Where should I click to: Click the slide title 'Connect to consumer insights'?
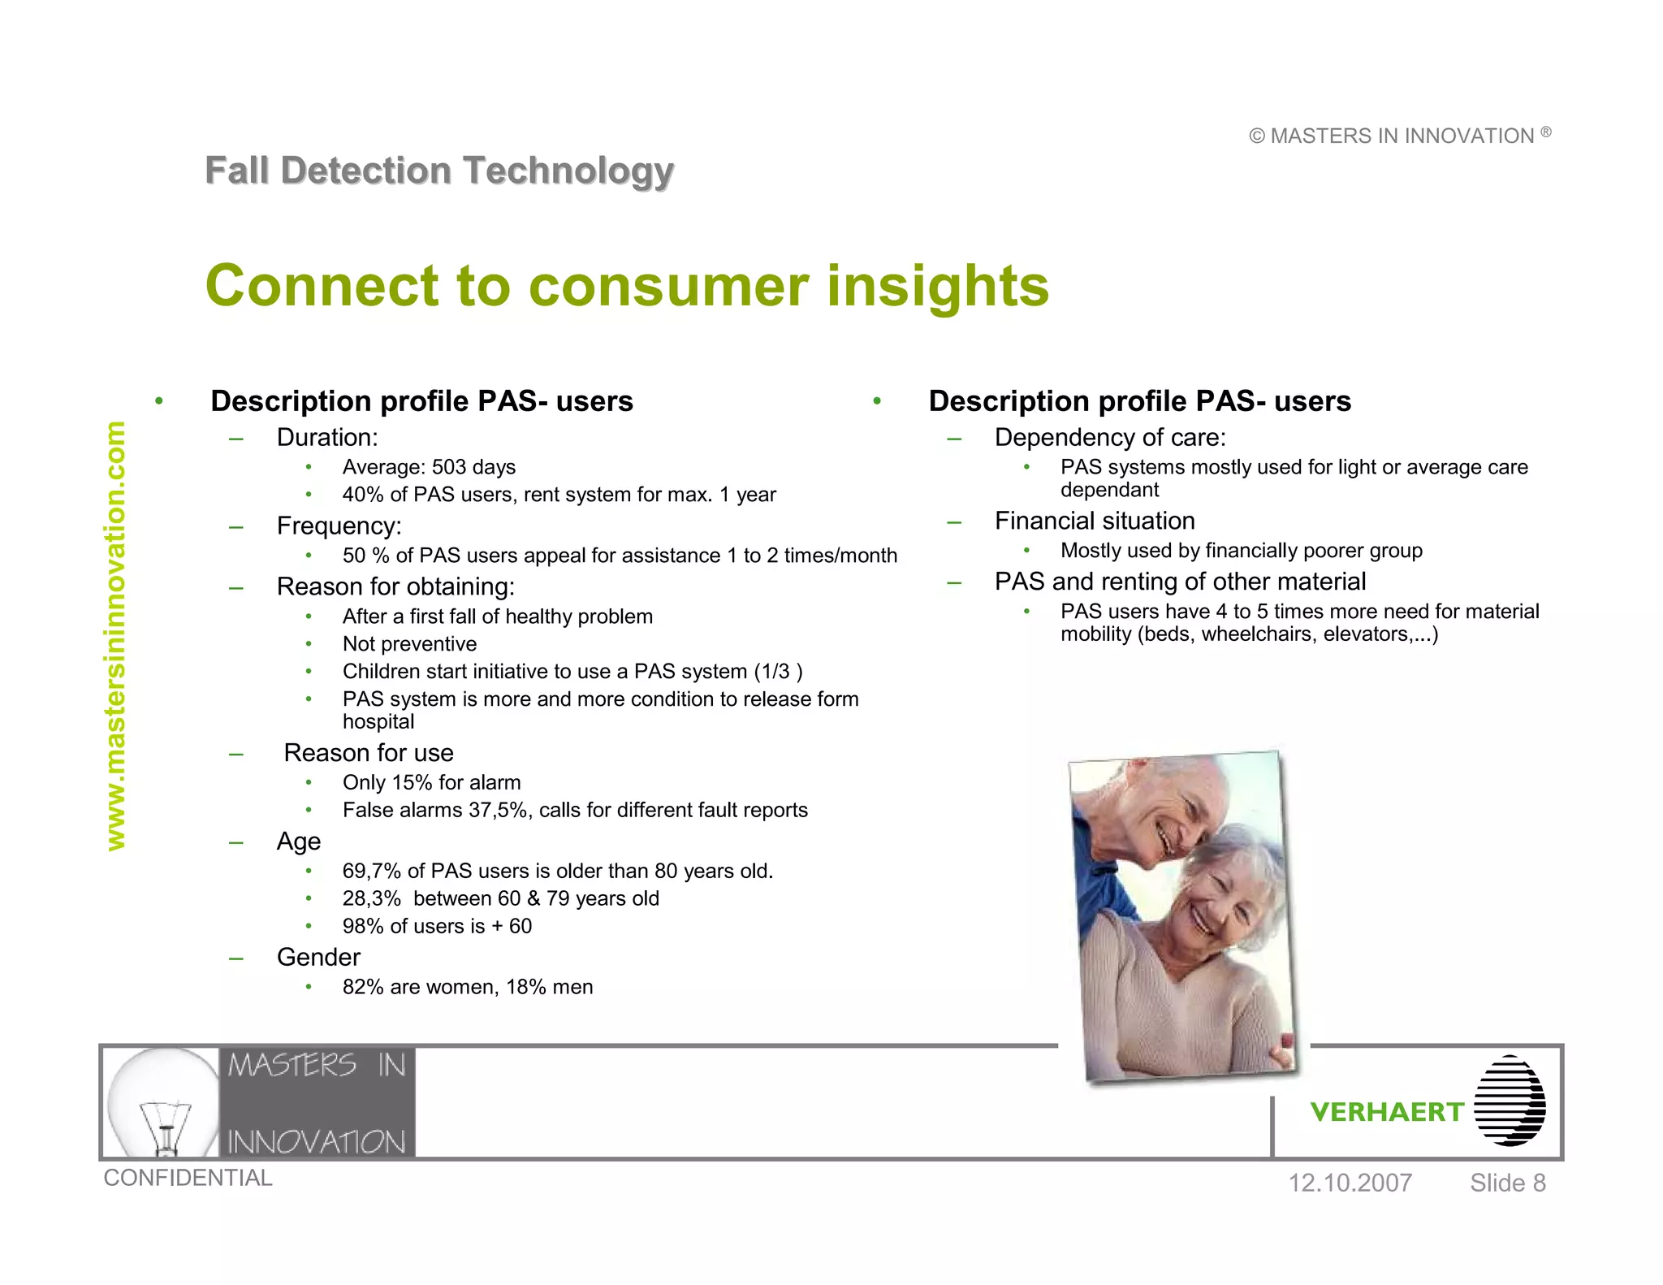click(627, 286)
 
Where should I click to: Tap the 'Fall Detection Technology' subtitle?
click(439, 171)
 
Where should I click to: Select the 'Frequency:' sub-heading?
click(339, 526)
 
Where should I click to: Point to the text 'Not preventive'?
click(409, 644)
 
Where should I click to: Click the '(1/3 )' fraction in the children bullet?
click(778, 672)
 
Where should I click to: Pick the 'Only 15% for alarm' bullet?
click(431, 782)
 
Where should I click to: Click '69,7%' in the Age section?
click(372, 871)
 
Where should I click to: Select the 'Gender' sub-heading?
click(318, 957)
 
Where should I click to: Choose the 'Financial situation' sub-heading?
click(1095, 521)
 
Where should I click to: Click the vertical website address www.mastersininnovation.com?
click(116, 635)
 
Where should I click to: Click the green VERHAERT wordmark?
click(1387, 1112)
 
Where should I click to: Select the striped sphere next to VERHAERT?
click(1510, 1101)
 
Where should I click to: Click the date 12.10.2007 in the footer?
click(1350, 1183)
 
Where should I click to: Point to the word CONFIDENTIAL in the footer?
click(188, 1178)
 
